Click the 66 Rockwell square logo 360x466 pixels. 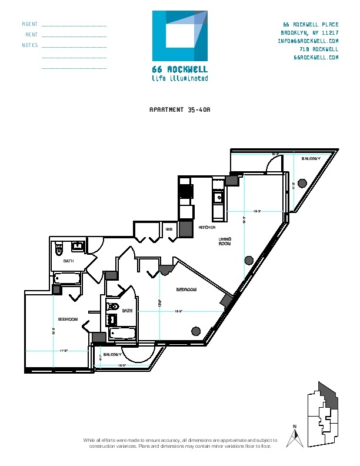(179, 36)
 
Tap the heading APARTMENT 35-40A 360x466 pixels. (179, 109)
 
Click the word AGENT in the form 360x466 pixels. (30, 24)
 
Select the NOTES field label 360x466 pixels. (30, 45)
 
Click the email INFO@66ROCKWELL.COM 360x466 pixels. (308, 41)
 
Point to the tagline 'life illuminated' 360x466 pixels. (179, 78)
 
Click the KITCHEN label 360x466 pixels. (206, 227)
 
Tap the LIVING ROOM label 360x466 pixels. (225, 241)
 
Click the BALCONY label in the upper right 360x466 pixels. (311, 159)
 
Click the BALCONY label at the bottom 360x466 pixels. (113, 354)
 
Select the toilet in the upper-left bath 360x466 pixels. (58, 251)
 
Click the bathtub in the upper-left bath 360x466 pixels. (66, 278)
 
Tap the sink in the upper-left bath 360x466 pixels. (78, 246)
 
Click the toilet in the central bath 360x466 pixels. (112, 307)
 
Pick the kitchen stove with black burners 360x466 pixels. (186, 192)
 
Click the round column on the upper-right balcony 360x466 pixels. (302, 182)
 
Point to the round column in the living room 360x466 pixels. (249, 259)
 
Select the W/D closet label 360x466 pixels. (169, 229)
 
